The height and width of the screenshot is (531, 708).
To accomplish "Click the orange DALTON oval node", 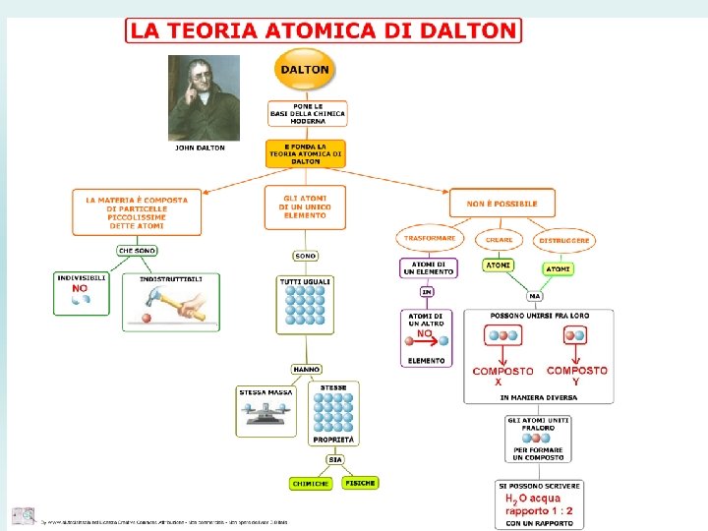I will coord(305,70).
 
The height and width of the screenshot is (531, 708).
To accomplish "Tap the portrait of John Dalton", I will coord(205,97).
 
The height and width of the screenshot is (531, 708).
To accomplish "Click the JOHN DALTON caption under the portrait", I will coord(200,148).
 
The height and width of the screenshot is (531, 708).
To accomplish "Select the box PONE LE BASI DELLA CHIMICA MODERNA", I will coord(307,114).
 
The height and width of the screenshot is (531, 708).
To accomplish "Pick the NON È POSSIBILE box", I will coord(502,204).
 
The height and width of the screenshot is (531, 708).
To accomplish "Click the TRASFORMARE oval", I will coord(430,238).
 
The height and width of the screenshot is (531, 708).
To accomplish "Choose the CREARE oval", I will coord(500,239).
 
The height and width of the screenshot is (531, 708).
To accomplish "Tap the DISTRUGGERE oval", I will coord(564,240).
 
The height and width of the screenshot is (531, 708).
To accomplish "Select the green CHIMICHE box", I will coord(311,484).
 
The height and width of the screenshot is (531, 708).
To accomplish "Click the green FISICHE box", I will coord(360,483).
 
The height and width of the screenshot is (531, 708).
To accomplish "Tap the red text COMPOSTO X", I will coord(503,376).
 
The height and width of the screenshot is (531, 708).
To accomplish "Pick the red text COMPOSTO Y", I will coord(576,375).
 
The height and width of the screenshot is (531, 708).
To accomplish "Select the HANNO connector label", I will coord(306,369).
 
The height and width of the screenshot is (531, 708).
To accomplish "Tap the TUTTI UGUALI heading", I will coord(305,281).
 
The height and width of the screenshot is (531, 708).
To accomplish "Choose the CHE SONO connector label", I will coord(138,251).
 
